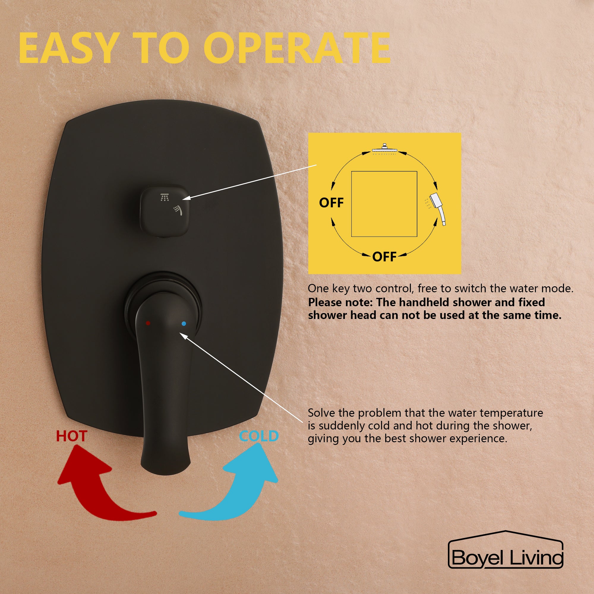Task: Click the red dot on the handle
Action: pyautogui.click(x=148, y=323)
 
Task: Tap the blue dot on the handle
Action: pyautogui.click(x=184, y=323)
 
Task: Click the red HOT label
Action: pyautogui.click(x=72, y=436)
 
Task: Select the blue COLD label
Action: pyautogui.click(x=259, y=436)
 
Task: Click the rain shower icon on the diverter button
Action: pyautogui.click(x=165, y=198)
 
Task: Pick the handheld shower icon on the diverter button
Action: pyautogui.click(x=178, y=210)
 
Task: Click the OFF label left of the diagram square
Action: pyautogui.click(x=331, y=203)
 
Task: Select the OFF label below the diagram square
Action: pyautogui.click(x=384, y=256)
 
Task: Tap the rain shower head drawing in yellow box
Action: pyautogui.click(x=384, y=149)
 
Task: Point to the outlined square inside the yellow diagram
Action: pyautogui.click(x=352, y=204)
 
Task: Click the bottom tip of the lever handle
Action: pyautogui.click(x=165, y=475)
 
